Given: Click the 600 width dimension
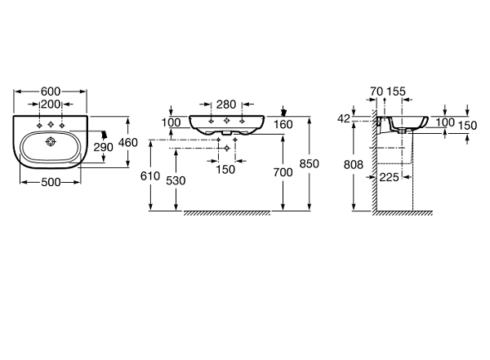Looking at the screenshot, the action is pyautogui.click(x=51, y=91).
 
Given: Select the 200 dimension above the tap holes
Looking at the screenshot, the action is pyautogui.click(x=51, y=104).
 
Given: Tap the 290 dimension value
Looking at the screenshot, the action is pyautogui.click(x=103, y=147).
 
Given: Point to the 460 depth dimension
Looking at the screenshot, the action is pyautogui.click(x=128, y=143).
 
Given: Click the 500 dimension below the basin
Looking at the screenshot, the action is pyautogui.click(x=51, y=182).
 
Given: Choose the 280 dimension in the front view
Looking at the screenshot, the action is pyautogui.click(x=226, y=104).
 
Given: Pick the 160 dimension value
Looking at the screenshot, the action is pyautogui.click(x=283, y=124).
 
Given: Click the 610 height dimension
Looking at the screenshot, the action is pyautogui.click(x=150, y=176).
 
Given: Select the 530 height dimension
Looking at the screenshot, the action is pyautogui.click(x=176, y=180).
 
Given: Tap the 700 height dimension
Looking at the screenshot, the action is pyautogui.click(x=283, y=172).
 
